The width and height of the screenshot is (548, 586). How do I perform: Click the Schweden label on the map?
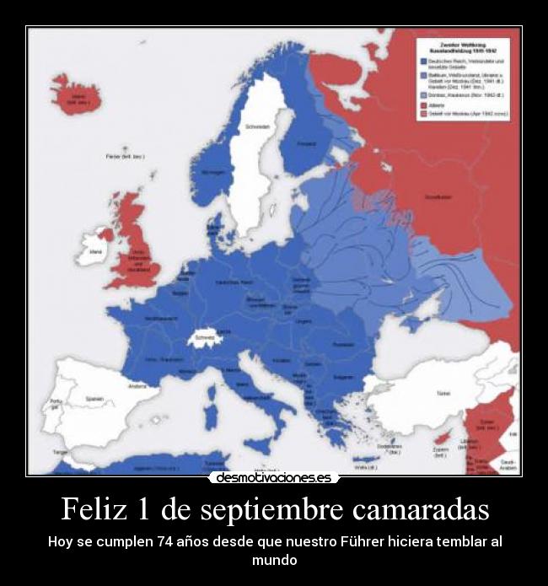258,127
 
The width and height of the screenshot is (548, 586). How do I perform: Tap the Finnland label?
307,144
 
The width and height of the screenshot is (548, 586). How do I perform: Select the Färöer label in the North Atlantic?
123,157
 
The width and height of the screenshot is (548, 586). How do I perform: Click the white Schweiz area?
203,338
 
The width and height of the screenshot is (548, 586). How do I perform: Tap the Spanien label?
94,399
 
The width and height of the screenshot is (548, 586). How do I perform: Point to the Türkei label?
443,393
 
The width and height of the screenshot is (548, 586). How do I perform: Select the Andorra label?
137,386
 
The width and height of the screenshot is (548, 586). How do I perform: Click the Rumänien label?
343,344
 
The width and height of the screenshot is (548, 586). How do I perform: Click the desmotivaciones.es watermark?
273,477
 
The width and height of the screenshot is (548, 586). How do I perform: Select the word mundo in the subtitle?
274,559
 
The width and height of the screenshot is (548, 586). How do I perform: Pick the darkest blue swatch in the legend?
423,61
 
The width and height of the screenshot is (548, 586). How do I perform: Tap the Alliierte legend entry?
438,105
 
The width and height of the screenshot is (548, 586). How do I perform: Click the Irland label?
96,250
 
